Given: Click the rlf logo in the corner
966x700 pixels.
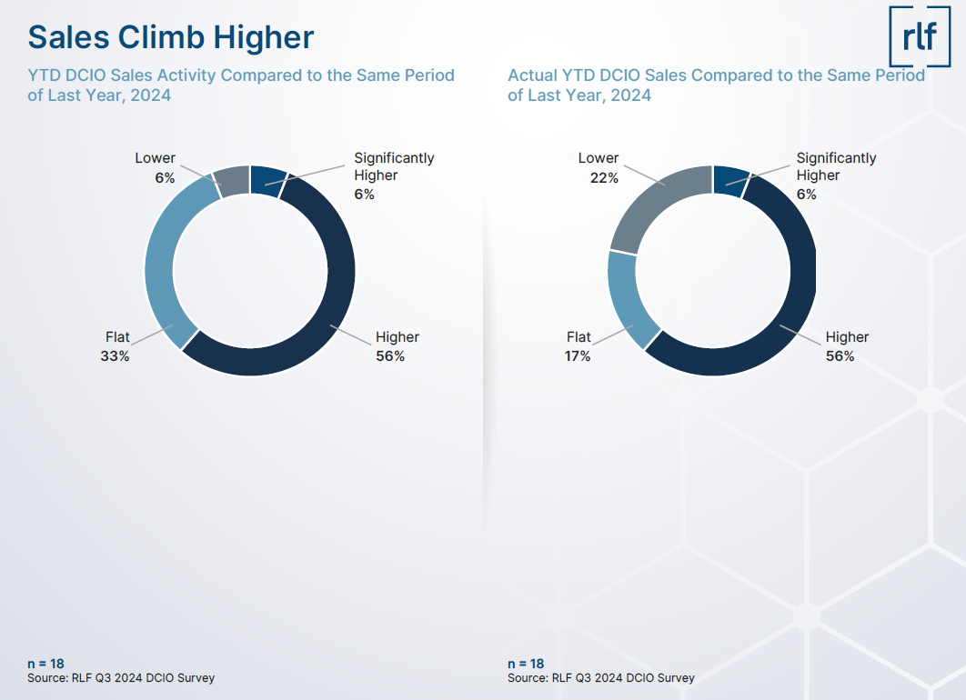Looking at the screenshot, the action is (x=920, y=36).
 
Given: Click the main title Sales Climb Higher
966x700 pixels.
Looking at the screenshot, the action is (x=171, y=37).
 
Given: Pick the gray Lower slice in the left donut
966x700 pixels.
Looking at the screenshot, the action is (x=232, y=181).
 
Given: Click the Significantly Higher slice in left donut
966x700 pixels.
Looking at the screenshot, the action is (x=267, y=180).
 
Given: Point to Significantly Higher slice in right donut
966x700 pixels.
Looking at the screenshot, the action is (x=730, y=180).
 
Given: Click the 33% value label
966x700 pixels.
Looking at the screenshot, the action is (x=115, y=355).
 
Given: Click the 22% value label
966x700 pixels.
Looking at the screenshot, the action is (x=604, y=178).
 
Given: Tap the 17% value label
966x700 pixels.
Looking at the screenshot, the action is (x=578, y=355).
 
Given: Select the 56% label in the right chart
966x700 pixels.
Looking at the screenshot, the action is (x=840, y=355).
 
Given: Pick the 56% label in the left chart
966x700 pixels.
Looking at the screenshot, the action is (x=390, y=355).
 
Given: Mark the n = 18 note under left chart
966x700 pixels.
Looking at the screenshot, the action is (x=45, y=664).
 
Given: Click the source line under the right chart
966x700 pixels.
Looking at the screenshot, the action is (x=600, y=678).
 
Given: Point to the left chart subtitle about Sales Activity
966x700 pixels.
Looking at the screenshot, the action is (x=241, y=85).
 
